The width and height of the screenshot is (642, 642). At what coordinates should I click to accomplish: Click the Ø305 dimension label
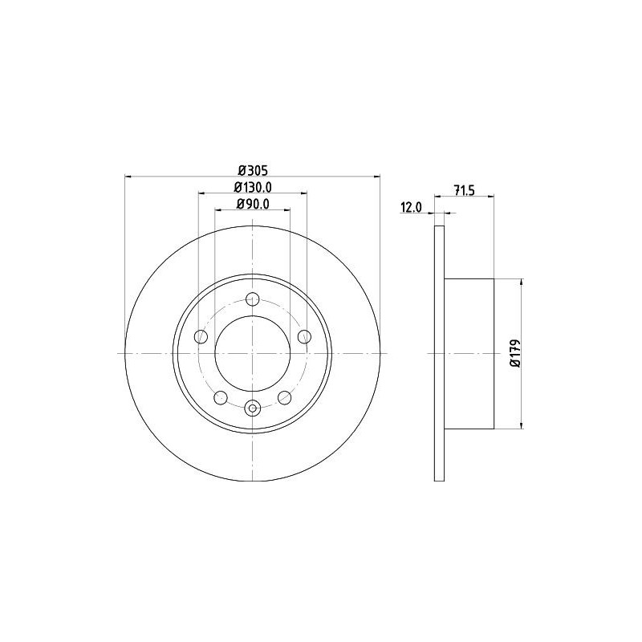coord(253,169)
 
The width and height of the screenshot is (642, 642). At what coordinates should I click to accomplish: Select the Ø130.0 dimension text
coord(253,187)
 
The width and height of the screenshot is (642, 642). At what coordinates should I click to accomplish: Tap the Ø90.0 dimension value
coord(253,204)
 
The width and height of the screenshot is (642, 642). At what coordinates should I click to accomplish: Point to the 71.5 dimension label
coord(464,190)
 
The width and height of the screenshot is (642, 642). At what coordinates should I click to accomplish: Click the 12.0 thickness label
coord(411,208)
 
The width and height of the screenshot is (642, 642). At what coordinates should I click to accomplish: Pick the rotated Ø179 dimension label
coord(515,353)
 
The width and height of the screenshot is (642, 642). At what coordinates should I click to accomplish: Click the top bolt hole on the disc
coord(253,299)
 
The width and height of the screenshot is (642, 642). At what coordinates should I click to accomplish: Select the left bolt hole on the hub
coord(201,337)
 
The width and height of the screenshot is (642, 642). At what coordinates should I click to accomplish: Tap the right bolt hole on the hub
coord(304,337)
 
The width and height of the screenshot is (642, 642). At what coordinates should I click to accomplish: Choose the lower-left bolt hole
coord(221,397)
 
